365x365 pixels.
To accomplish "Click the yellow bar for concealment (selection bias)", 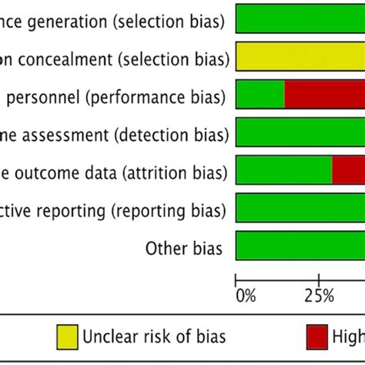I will point(300,57).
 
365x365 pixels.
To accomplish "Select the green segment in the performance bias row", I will point(260,95).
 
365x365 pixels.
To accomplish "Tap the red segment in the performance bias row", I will point(324,95).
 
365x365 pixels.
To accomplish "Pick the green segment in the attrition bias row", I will point(283,170).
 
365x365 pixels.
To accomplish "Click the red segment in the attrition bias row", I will point(348,170).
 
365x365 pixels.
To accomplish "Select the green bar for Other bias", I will point(300,246).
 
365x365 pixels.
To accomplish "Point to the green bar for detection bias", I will point(300,132).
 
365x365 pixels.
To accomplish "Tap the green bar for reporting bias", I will point(300,208).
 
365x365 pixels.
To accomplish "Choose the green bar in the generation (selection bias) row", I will point(300,18).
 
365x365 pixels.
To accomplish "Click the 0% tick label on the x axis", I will point(244,295).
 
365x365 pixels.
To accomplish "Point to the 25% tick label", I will point(318,295).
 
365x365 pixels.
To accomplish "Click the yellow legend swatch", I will point(67,337).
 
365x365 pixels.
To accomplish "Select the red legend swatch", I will point(316,337).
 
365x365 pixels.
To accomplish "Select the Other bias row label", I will point(184,248).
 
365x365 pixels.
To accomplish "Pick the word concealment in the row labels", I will point(60,59).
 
